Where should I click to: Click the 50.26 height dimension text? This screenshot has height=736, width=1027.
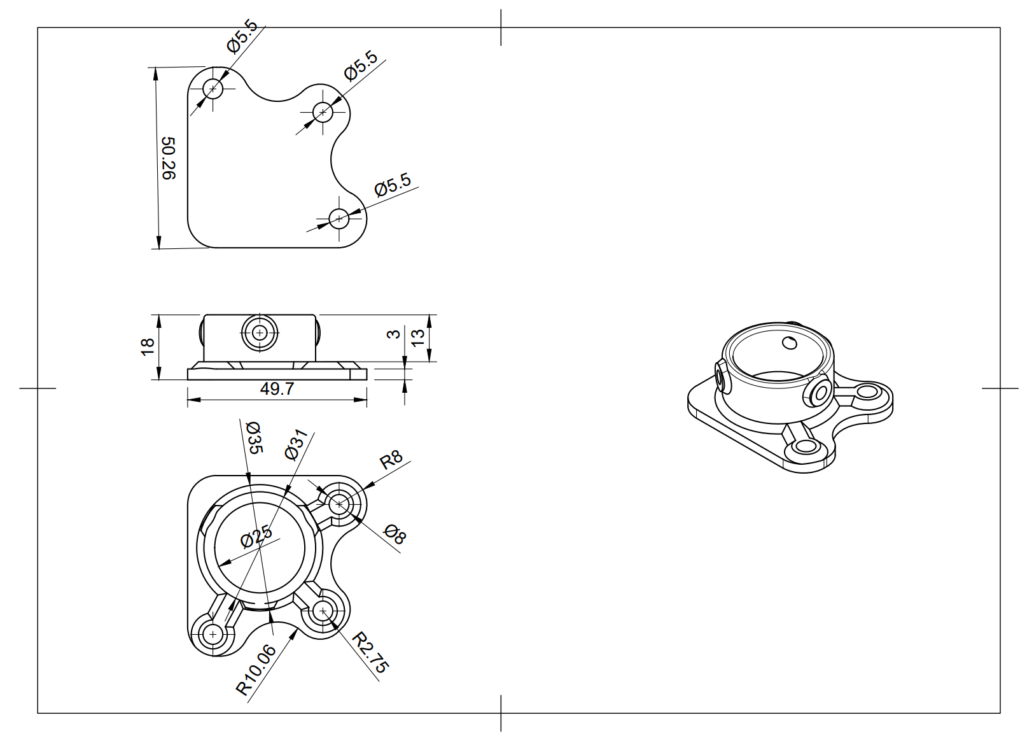tap(167, 159)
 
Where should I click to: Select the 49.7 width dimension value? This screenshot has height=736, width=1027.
tap(277, 389)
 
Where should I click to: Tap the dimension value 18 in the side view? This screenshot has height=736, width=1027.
tap(148, 346)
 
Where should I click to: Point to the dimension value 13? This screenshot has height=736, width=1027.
tap(417, 337)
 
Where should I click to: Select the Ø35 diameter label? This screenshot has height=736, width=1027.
tap(253, 437)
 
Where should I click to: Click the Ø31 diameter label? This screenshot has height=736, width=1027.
tap(297, 444)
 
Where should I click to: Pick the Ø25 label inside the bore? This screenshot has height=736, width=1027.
tap(256, 537)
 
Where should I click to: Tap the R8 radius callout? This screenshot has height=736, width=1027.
tap(391, 459)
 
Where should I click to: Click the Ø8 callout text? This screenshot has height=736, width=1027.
tap(395, 534)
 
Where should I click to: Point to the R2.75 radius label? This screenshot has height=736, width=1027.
tap(370, 652)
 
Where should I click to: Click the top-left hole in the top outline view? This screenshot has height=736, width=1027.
tap(213, 88)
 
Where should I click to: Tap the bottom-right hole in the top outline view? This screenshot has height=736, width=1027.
tap(339, 218)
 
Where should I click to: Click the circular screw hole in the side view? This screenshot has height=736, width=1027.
tap(260, 332)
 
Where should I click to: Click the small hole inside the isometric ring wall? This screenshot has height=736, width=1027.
tap(790, 343)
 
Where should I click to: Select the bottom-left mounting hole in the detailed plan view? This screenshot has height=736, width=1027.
tap(213, 634)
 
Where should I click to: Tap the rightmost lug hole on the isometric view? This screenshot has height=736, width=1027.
tap(867, 392)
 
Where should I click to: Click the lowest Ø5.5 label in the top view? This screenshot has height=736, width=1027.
tap(393, 185)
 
